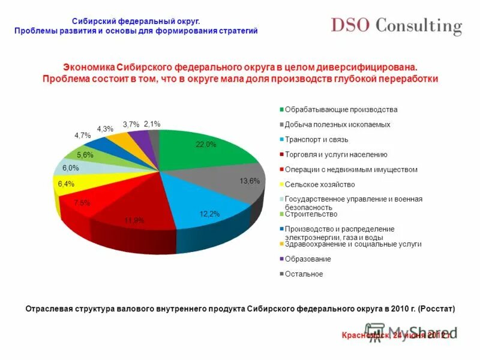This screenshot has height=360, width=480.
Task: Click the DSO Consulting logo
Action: point(397,26)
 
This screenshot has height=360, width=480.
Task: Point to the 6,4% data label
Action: point(66,184)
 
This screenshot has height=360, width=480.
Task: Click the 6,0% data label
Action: point(71,168)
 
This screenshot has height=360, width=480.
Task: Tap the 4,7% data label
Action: point(82,136)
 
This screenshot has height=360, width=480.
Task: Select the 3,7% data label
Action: point(131,124)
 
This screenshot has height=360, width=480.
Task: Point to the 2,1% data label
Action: point(152,124)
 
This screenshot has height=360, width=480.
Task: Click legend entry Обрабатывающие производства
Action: point(341,110)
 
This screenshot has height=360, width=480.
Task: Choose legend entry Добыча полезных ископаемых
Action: point(337,125)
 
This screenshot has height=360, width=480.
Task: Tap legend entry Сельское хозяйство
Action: point(320,184)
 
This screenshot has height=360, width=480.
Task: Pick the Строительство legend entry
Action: point(311,214)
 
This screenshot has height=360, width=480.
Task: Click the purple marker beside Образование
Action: point(281,259)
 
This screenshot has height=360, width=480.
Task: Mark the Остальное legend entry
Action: point(304,274)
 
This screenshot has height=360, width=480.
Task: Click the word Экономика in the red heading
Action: point(89,68)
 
